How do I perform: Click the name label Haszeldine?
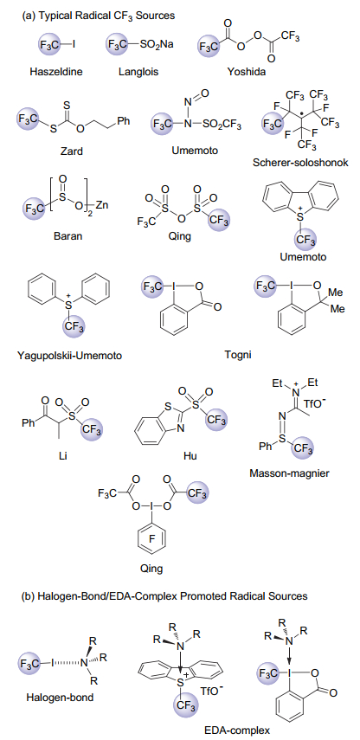coord(56,72)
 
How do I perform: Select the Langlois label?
coord(138,72)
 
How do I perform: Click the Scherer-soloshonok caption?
coord(300,163)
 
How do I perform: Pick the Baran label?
coord(67,235)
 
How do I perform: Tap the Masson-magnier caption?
coord(288,473)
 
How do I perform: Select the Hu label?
coord(190,456)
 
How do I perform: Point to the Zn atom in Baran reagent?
coord(103,206)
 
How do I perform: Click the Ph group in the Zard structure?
coord(123,121)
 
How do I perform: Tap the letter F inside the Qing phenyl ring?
coord(151,549)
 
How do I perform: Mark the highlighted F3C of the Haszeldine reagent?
coord(48,44)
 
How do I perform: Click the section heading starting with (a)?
coord(98,16)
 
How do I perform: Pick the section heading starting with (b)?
coord(164,596)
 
